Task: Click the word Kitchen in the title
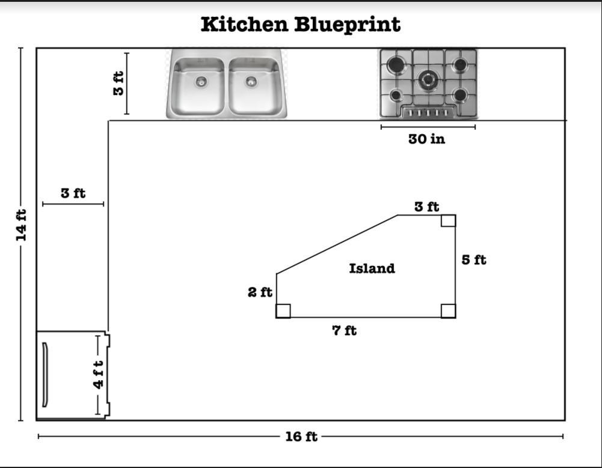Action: point(245,25)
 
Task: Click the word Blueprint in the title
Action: point(347,25)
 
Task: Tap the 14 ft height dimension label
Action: point(21,225)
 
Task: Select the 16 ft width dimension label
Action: point(301,437)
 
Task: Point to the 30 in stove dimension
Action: point(426,139)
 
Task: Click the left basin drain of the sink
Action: point(201,81)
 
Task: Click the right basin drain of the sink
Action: point(251,81)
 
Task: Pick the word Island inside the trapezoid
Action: point(372,268)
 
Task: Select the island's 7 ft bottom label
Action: point(344,330)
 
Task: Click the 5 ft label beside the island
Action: point(474,260)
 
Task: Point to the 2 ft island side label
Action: point(260,292)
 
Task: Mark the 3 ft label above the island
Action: point(426,207)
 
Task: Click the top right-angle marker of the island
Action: point(448,221)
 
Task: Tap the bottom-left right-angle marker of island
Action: point(283,311)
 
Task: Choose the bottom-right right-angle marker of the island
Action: point(448,311)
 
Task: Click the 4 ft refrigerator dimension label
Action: point(99,375)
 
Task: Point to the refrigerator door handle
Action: point(45,375)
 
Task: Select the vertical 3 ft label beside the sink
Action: point(118,83)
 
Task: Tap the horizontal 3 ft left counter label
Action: point(73,193)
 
